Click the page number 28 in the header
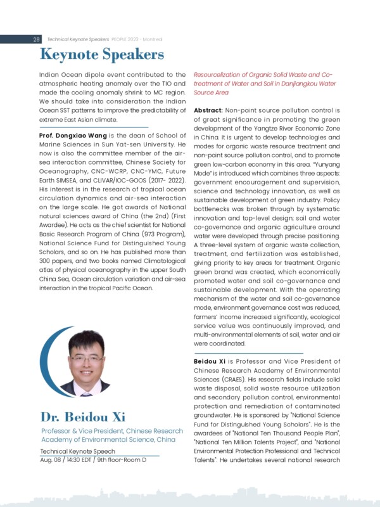click(36, 39)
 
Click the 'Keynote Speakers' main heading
click(101, 55)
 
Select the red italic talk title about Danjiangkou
click(267, 83)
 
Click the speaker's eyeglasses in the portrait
click(87, 358)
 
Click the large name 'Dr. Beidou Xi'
click(84, 417)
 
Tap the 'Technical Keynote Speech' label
click(77, 450)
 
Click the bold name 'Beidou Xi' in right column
click(213, 361)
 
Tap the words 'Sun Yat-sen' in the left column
click(113, 144)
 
